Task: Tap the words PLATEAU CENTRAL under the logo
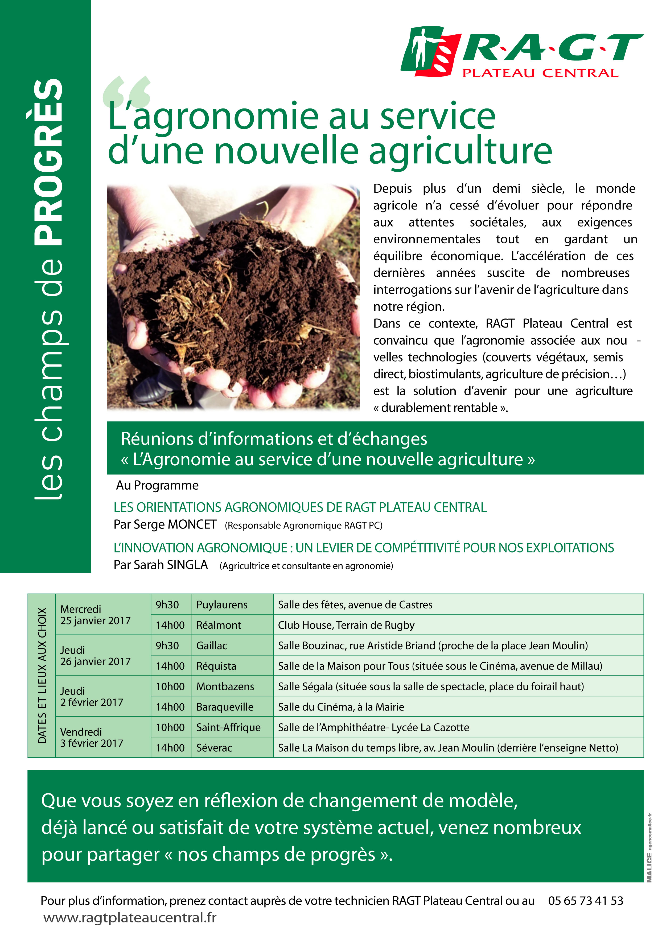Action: coord(540,74)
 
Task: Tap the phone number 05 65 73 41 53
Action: coord(585,901)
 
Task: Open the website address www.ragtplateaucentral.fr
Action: coord(130,918)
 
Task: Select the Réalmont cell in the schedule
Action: coord(219,625)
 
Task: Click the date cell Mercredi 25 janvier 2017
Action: coord(95,615)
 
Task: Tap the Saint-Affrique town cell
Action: coord(228,727)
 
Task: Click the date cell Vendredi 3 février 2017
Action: coord(92,737)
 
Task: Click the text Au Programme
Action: coord(157,485)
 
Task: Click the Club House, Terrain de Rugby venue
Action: coord(346,625)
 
